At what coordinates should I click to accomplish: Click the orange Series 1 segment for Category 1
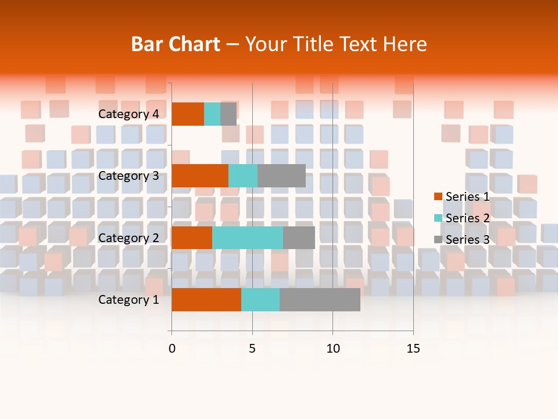coord(206,299)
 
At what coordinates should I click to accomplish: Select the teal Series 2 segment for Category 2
coord(248,237)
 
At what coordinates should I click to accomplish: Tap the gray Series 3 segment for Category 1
coord(320,299)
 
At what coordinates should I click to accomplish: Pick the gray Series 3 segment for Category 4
coord(228,114)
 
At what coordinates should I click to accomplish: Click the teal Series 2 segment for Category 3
coord(243,176)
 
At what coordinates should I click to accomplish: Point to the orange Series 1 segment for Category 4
coord(188,114)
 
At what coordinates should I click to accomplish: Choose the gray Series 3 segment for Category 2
coord(299,237)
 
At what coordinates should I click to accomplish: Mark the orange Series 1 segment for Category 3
coord(200,176)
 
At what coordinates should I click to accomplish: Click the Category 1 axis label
coord(128,300)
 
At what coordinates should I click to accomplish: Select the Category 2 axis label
coord(128,238)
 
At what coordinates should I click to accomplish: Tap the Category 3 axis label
coord(128,176)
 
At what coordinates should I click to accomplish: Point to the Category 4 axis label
coord(128,114)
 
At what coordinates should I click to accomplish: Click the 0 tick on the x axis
coord(172,349)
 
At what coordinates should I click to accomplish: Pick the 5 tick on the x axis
coord(252,349)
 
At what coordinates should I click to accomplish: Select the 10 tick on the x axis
coord(332,349)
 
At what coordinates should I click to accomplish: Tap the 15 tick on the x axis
coord(413,349)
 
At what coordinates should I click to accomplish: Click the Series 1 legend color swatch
coord(438,197)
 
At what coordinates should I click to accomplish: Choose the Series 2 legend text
coord(467,218)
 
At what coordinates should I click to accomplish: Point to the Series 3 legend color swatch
coord(438,240)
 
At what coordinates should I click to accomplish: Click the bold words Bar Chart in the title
coord(176,44)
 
